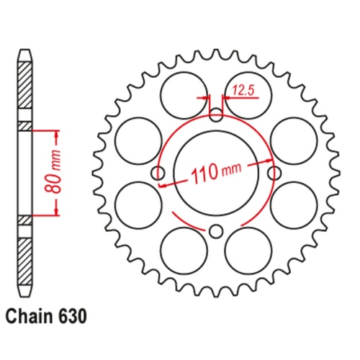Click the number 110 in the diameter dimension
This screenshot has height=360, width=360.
(205, 174)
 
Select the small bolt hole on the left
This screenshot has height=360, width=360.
(158, 173)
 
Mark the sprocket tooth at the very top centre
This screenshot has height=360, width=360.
(216, 54)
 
